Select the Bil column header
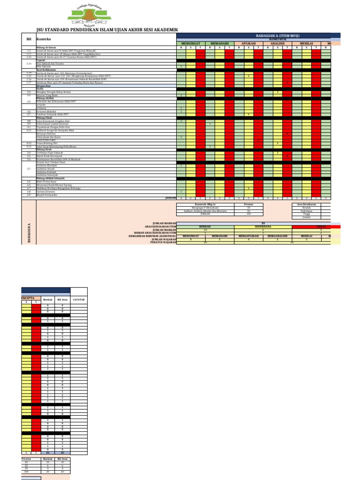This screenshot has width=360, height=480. [x=29, y=39]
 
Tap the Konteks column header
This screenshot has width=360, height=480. [x=44, y=39]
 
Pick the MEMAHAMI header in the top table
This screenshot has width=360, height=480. [x=219, y=43]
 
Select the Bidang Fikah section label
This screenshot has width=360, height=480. [x=45, y=118]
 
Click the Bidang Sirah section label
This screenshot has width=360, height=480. [x=45, y=149]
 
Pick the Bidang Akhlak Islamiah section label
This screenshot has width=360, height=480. [x=50, y=178]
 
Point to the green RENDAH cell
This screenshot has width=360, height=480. [x=205, y=225]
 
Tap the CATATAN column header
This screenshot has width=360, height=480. [x=78, y=299]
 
